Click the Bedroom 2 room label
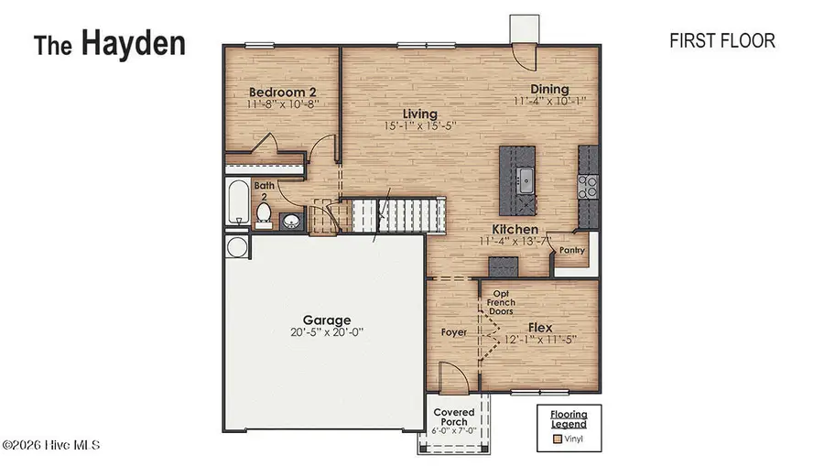(x=283, y=92)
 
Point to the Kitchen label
(x=515, y=229)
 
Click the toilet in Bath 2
(x=264, y=214)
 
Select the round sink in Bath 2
(x=292, y=221)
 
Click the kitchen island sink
(x=526, y=177)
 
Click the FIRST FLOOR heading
(x=722, y=41)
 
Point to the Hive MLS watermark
(x=51, y=445)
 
